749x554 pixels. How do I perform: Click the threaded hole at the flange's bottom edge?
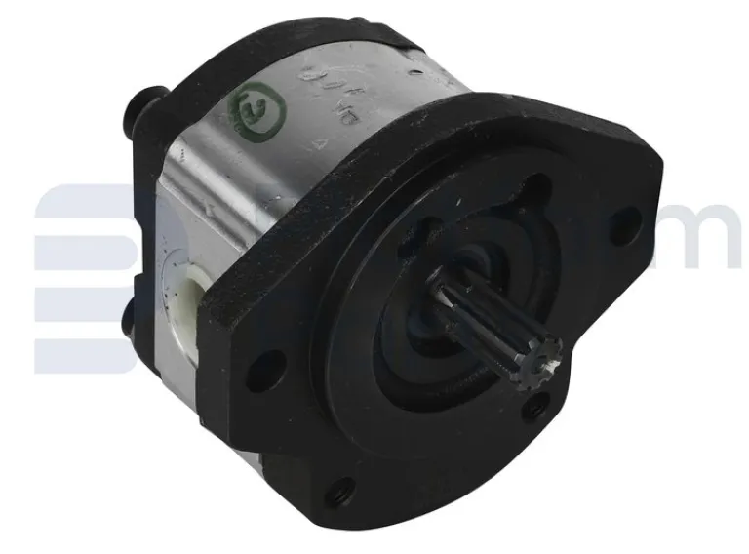[x=340, y=492]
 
